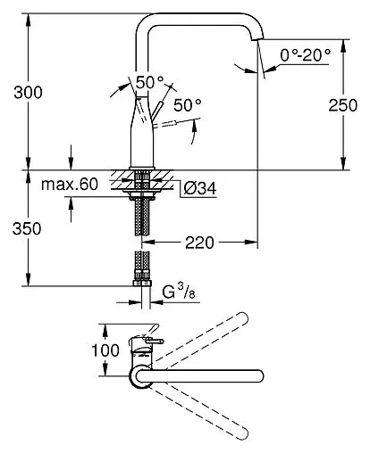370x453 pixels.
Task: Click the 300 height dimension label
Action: (28, 93)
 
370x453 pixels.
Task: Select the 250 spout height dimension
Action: (343, 105)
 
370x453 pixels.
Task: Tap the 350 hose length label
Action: (27, 229)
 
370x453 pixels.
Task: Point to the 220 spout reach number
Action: (199, 243)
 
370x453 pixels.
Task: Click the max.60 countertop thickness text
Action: (70, 185)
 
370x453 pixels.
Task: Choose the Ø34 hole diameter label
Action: (200, 188)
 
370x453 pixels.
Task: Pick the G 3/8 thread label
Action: (179, 292)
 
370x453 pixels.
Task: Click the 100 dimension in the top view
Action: (105, 350)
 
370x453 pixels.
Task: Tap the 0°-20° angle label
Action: (306, 55)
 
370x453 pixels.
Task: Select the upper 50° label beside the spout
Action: (149, 82)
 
